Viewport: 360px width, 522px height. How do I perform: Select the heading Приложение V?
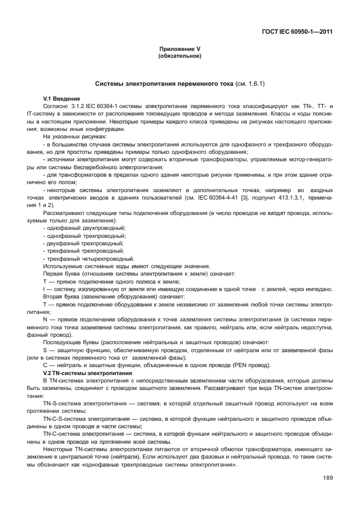click(179, 50)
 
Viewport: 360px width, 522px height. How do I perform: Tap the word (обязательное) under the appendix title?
click(179, 56)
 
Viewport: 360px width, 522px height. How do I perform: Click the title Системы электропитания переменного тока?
click(164, 83)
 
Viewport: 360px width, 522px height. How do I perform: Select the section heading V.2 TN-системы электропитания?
click(83, 372)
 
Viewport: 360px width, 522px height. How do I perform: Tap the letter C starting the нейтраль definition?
click(45, 365)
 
